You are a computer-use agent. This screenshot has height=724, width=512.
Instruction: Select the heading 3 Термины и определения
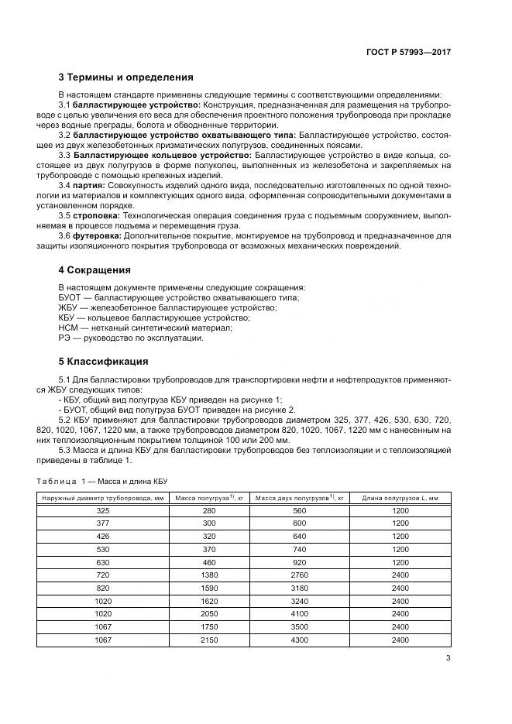coord(126,77)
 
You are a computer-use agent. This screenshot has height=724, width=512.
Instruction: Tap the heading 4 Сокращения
coord(94,270)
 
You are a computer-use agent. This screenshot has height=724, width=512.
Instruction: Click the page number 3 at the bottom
coord(448,658)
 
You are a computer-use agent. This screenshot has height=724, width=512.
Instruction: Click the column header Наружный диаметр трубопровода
coord(103,498)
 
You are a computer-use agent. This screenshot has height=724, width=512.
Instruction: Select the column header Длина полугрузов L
coord(400,498)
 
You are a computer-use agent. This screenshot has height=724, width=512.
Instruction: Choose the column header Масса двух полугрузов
coord(299,498)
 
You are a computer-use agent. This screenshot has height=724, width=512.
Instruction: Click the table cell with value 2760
coord(299,576)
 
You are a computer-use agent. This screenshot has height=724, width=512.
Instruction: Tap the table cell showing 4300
coord(299,640)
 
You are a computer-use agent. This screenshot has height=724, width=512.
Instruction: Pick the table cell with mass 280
coord(209,511)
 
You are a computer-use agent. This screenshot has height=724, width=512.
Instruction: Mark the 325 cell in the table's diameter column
coord(103,511)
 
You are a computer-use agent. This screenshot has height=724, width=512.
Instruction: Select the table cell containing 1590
coord(209,588)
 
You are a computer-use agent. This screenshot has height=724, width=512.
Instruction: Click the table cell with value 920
coord(299,563)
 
